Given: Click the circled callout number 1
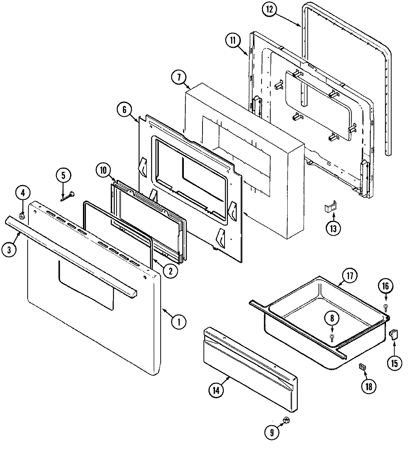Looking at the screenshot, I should [x=179, y=321].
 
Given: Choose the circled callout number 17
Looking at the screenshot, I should [x=349, y=277].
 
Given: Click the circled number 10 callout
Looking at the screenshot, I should [x=103, y=170].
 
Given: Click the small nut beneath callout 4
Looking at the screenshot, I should [x=22, y=216].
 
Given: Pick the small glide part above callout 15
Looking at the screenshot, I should [x=393, y=333].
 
